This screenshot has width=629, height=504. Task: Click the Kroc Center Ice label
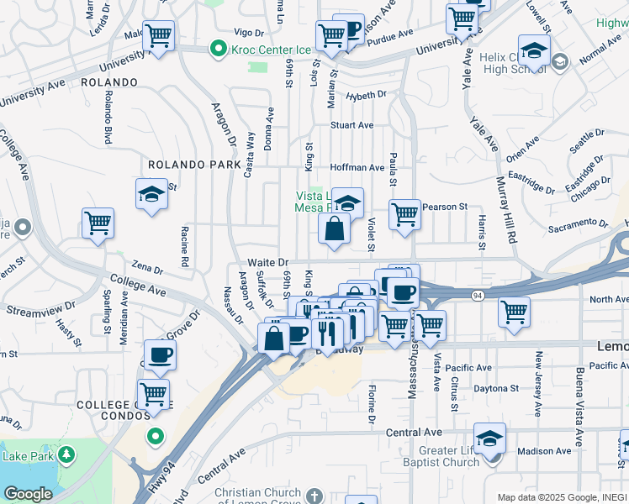click(266, 49)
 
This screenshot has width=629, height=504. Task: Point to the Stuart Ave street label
click(351, 125)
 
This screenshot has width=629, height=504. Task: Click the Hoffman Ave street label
click(357, 167)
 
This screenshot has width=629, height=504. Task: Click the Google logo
click(29, 494)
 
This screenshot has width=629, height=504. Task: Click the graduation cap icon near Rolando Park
click(151, 194)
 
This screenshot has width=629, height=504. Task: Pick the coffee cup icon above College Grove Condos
click(159, 354)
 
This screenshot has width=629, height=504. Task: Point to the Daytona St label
click(495, 389)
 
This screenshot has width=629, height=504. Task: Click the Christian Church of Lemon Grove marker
click(314, 495)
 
